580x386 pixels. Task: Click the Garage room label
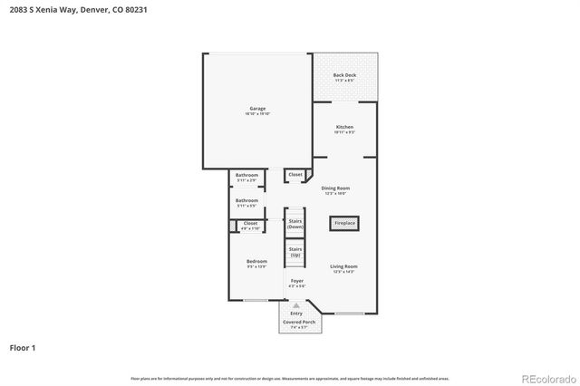pos(257,111)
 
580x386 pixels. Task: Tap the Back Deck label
pos(344,77)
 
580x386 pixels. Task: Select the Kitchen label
pos(344,129)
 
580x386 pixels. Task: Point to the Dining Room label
pos(335,189)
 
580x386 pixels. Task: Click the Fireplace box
pos(344,222)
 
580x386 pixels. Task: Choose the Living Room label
pos(343,268)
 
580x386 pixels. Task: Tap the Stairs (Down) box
pos(295,222)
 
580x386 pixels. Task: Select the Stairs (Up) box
pos(295,251)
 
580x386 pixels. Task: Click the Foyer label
pos(296,283)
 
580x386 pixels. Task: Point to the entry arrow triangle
pos(295,305)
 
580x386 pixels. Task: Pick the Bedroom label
pos(256,263)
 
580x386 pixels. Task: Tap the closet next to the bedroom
pos(250,225)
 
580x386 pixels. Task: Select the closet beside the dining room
pos(295,174)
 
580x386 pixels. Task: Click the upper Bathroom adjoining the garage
pos(246,176)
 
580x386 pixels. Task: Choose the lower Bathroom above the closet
pos(246,202)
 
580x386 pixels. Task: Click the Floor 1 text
pos(23,347)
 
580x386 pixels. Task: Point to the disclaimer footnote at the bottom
pos(289,378)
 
